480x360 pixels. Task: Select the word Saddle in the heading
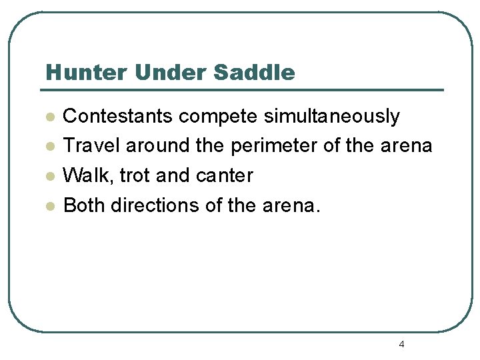pos(254,72)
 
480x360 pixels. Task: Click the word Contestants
pos(118,116)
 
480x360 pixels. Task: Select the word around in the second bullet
pos(157,145)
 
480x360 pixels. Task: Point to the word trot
pos(135,175)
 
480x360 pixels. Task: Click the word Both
pos(84,205)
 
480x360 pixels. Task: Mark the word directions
pos(155,205)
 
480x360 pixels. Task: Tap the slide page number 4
pos(401,344)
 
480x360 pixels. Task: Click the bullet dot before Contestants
pos(49,117)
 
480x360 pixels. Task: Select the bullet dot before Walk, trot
pos(49,176)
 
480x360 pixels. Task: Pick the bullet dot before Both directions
pos(49,206)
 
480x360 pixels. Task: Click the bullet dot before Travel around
pos(49,147)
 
